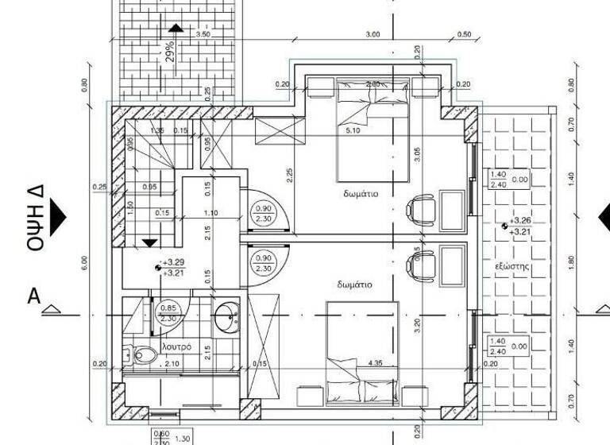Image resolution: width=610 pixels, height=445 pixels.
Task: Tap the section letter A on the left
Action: tap(34, 296)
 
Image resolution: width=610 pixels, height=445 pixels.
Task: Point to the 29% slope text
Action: tap(170, 52)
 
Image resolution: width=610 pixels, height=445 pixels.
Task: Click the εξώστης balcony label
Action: tap(512, 266)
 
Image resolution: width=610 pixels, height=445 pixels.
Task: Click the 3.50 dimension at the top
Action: tap(203, 34)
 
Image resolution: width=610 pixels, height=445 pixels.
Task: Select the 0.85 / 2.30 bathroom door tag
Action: tap(168, 313)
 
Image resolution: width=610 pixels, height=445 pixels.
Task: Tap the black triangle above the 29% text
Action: tap(176, 29)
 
